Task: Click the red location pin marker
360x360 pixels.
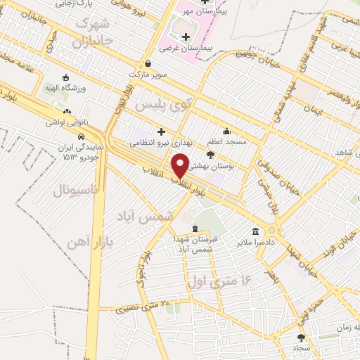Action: coord(181,166)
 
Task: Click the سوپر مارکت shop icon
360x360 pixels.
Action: coord(147,63)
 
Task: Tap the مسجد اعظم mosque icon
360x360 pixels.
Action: coord(226,131)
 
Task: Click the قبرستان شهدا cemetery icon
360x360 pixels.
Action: coord(195,229)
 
